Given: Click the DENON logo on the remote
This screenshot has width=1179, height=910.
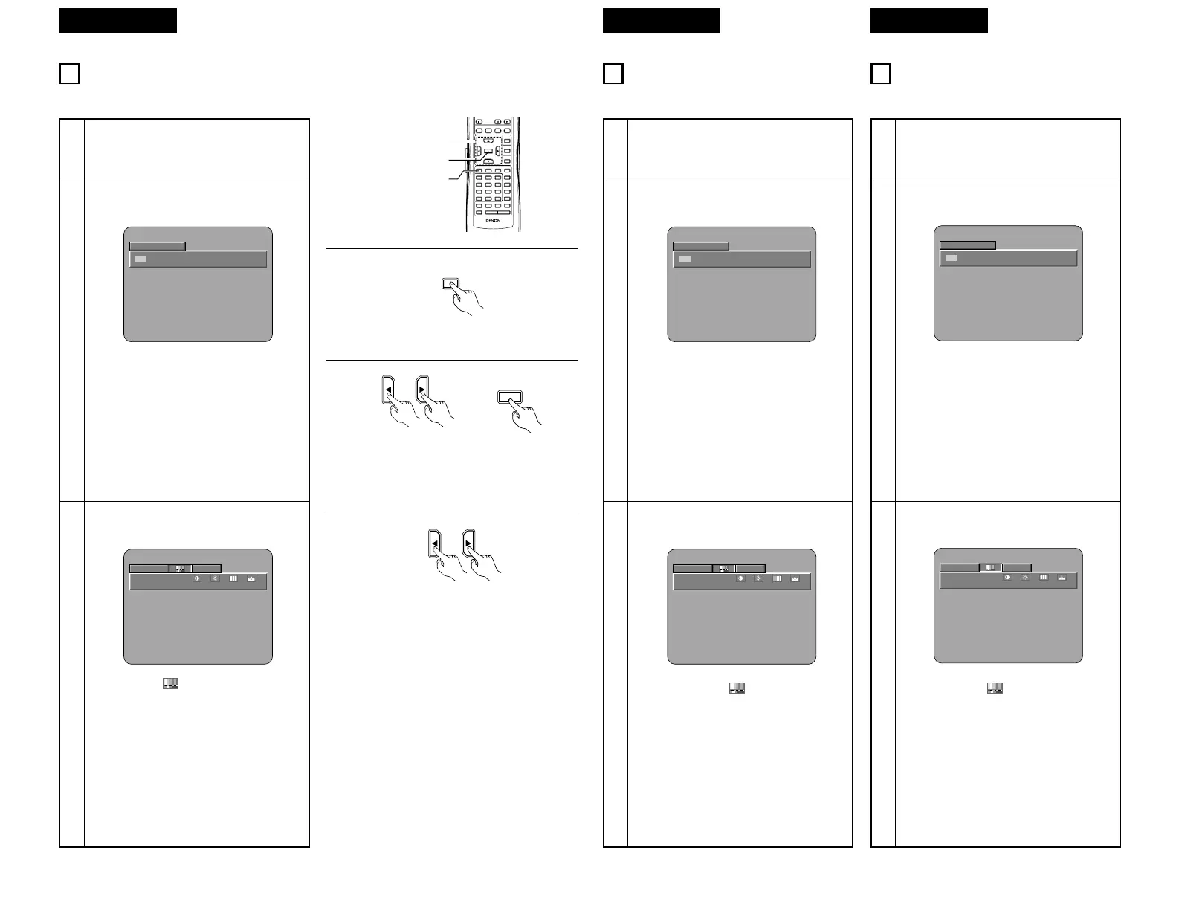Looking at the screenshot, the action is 488,222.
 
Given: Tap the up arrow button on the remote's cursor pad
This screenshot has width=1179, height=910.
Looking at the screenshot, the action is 488,141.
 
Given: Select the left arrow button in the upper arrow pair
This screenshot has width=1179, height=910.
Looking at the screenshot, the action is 389,390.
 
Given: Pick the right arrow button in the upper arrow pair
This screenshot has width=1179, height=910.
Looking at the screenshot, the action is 423,390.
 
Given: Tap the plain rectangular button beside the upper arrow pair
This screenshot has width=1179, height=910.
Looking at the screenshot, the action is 509,397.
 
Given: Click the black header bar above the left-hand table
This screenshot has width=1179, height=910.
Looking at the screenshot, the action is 117,21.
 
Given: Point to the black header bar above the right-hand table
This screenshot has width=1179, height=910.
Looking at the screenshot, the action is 928,21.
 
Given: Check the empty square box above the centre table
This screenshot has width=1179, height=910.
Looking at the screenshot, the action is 613,74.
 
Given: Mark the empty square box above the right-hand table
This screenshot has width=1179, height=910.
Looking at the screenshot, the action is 880,74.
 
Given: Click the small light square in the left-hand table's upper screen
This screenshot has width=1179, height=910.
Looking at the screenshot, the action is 140,259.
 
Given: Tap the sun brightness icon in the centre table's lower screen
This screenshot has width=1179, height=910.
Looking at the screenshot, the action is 759,579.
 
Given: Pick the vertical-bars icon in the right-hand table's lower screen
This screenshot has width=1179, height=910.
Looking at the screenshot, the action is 1044,577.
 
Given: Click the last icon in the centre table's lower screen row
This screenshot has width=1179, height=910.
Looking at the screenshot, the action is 795,579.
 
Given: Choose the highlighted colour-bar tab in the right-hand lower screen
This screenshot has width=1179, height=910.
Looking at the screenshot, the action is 990,567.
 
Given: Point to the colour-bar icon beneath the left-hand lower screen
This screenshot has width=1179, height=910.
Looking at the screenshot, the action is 170,684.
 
